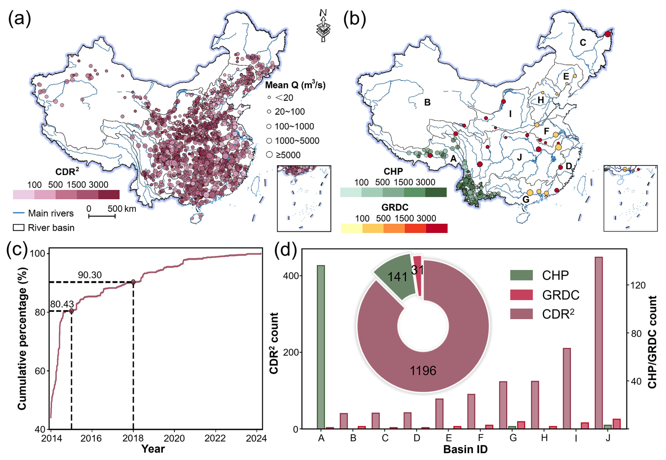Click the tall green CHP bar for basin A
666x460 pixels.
point(321,347)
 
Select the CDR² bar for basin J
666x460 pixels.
point(598,343)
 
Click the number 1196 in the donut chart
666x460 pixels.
point(423,371)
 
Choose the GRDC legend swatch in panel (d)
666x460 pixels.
point(521,295)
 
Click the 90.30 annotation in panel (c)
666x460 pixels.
point(90,275)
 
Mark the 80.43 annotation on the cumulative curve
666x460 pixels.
point(62,304)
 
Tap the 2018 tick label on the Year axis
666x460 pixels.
point(133,438)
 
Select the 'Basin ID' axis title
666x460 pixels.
point(465,449)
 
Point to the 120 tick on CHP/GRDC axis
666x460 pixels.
point(638,285)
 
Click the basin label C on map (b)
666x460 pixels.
point(583,43)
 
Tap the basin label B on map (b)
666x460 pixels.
point(427,102)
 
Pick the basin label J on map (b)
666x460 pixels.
point(520,157)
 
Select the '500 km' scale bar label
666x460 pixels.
point(122,209)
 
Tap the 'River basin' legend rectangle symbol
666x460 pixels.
point(19,228)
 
